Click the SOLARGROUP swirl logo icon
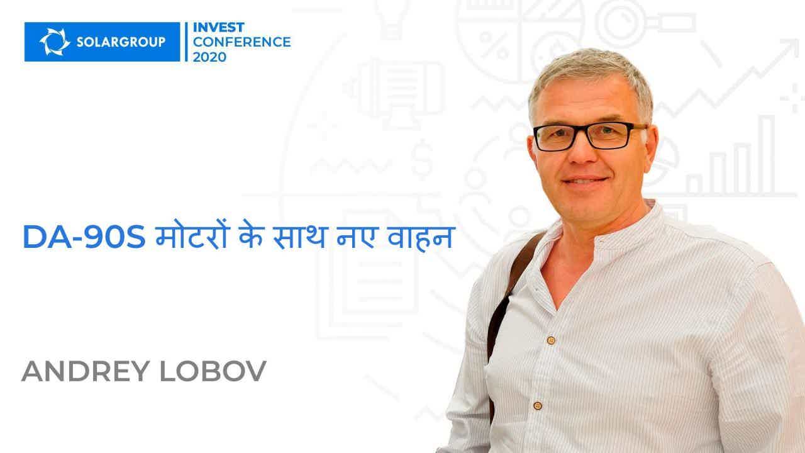point(55,42)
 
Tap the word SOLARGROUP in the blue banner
point(121,42)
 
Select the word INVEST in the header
point(218,27)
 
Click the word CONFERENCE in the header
point(242,42)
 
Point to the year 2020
point(209,57)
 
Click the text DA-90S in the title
point(84,237)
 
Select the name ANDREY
point(86,371)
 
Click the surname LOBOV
point(213,371)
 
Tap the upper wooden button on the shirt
point(550,340)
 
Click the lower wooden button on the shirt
point(538,406)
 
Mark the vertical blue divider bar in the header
point(186,42)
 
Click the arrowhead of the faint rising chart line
point(789,48)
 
